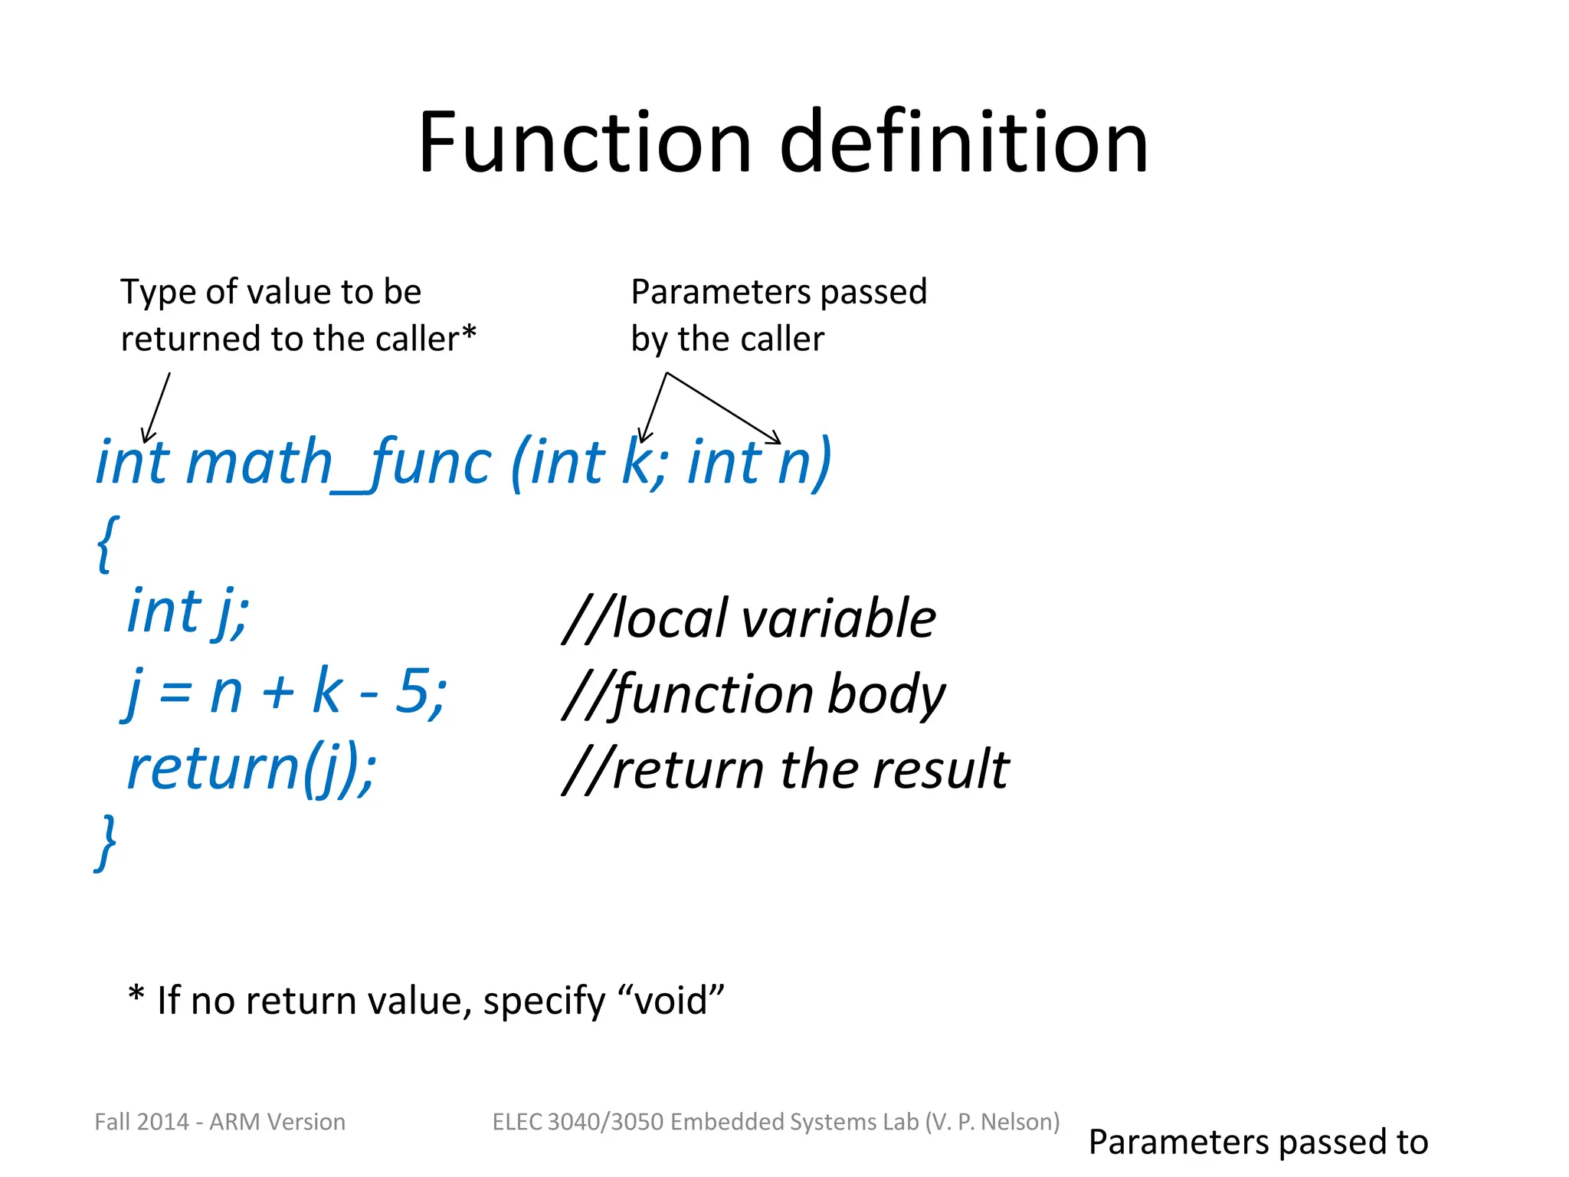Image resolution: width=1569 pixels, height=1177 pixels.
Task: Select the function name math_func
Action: pos(338,463)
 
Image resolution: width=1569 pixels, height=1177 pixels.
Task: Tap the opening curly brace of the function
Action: pos(107,543)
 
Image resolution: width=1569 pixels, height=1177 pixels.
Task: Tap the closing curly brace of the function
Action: pos(106,841)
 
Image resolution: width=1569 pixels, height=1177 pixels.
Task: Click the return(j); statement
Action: pos(251,769)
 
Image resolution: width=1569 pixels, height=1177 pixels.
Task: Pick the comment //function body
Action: pos(754,694)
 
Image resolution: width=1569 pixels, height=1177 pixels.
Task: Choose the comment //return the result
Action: pos(785,769)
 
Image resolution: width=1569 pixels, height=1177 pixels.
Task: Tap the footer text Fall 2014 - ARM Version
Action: pos(220,1122)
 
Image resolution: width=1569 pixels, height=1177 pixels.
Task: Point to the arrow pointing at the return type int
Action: pos(156,408)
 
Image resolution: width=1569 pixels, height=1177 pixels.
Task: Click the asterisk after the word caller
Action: pos(469,334)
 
